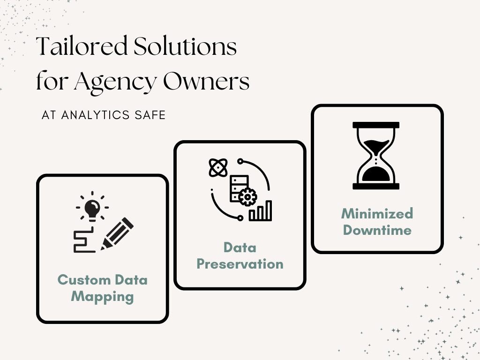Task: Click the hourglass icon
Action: (x=376, y=156)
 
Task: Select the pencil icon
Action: (x=117, y=233)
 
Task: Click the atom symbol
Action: (x=217, y=167)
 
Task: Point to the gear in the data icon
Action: (x=246, y=197)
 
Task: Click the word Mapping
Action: (x=102, y=297)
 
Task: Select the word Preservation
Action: (x=240, y=264)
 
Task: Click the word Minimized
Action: (x=377, y=214)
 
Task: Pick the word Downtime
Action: (x=377, y=230)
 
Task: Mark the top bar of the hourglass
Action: (x=376, y=125)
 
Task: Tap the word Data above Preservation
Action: (x=240, y=247)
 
